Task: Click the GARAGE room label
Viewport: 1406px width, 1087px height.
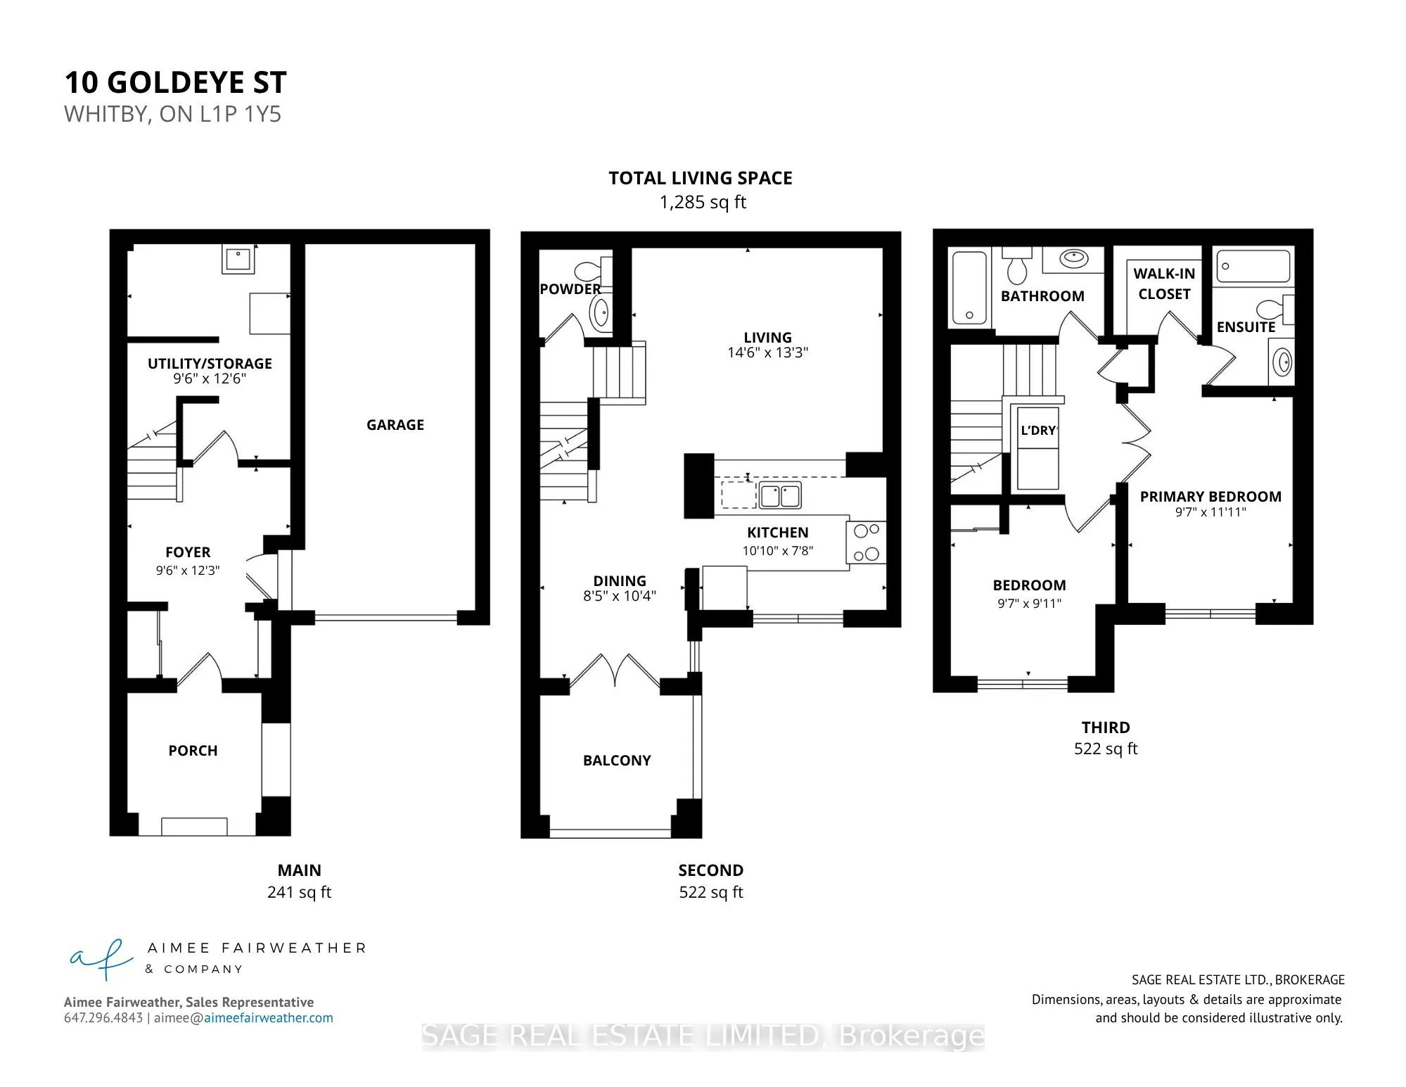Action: pos(395,425)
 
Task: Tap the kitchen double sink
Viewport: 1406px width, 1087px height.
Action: pos(780,496)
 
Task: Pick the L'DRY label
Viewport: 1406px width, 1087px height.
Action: pos(1038,431)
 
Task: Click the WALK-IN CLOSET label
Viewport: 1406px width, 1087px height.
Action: pos(1164,284)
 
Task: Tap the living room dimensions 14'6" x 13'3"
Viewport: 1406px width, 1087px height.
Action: pos(767,352)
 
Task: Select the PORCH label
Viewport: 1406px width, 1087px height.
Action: pos(193,751)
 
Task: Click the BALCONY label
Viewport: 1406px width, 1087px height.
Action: pos(617,761)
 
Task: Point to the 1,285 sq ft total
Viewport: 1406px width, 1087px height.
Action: pos(703,203)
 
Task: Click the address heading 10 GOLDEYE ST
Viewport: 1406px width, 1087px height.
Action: pos(176,82)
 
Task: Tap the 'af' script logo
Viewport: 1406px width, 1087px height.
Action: pos(101,958)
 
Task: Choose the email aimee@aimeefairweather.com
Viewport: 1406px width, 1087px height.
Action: pos(243,1018)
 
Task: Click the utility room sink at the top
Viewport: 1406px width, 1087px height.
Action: pos(238,258)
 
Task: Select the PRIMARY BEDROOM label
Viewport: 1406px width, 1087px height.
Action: pos(1210,497)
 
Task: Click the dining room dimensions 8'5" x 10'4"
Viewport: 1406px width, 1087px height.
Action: pos(619,596)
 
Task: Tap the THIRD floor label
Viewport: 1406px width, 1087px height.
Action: pos(1106,727)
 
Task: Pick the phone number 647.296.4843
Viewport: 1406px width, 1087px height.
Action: pos(103,1018)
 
